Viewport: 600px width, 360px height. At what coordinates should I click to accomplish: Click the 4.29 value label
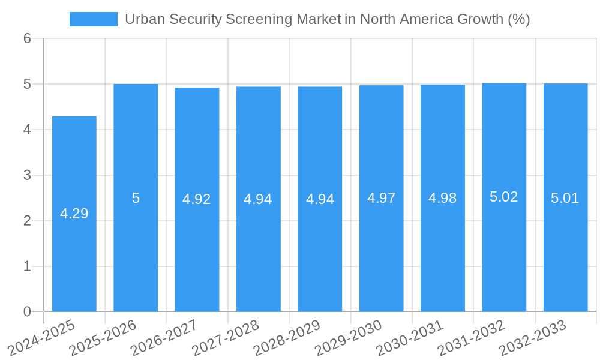74,214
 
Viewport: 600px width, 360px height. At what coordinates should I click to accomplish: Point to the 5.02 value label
504,197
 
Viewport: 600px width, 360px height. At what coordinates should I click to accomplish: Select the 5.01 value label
565,199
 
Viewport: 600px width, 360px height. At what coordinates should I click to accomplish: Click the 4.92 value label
197,199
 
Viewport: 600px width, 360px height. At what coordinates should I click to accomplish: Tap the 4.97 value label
381,198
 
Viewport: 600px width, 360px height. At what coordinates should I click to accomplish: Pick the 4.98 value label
443,198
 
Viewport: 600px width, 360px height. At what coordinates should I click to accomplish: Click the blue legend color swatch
94,19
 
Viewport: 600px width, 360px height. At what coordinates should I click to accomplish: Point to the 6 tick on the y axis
28,38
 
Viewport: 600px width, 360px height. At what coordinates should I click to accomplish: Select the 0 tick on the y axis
28,311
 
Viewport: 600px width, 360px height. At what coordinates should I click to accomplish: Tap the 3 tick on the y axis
28,175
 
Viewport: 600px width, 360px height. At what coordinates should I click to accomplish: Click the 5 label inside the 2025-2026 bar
136,198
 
